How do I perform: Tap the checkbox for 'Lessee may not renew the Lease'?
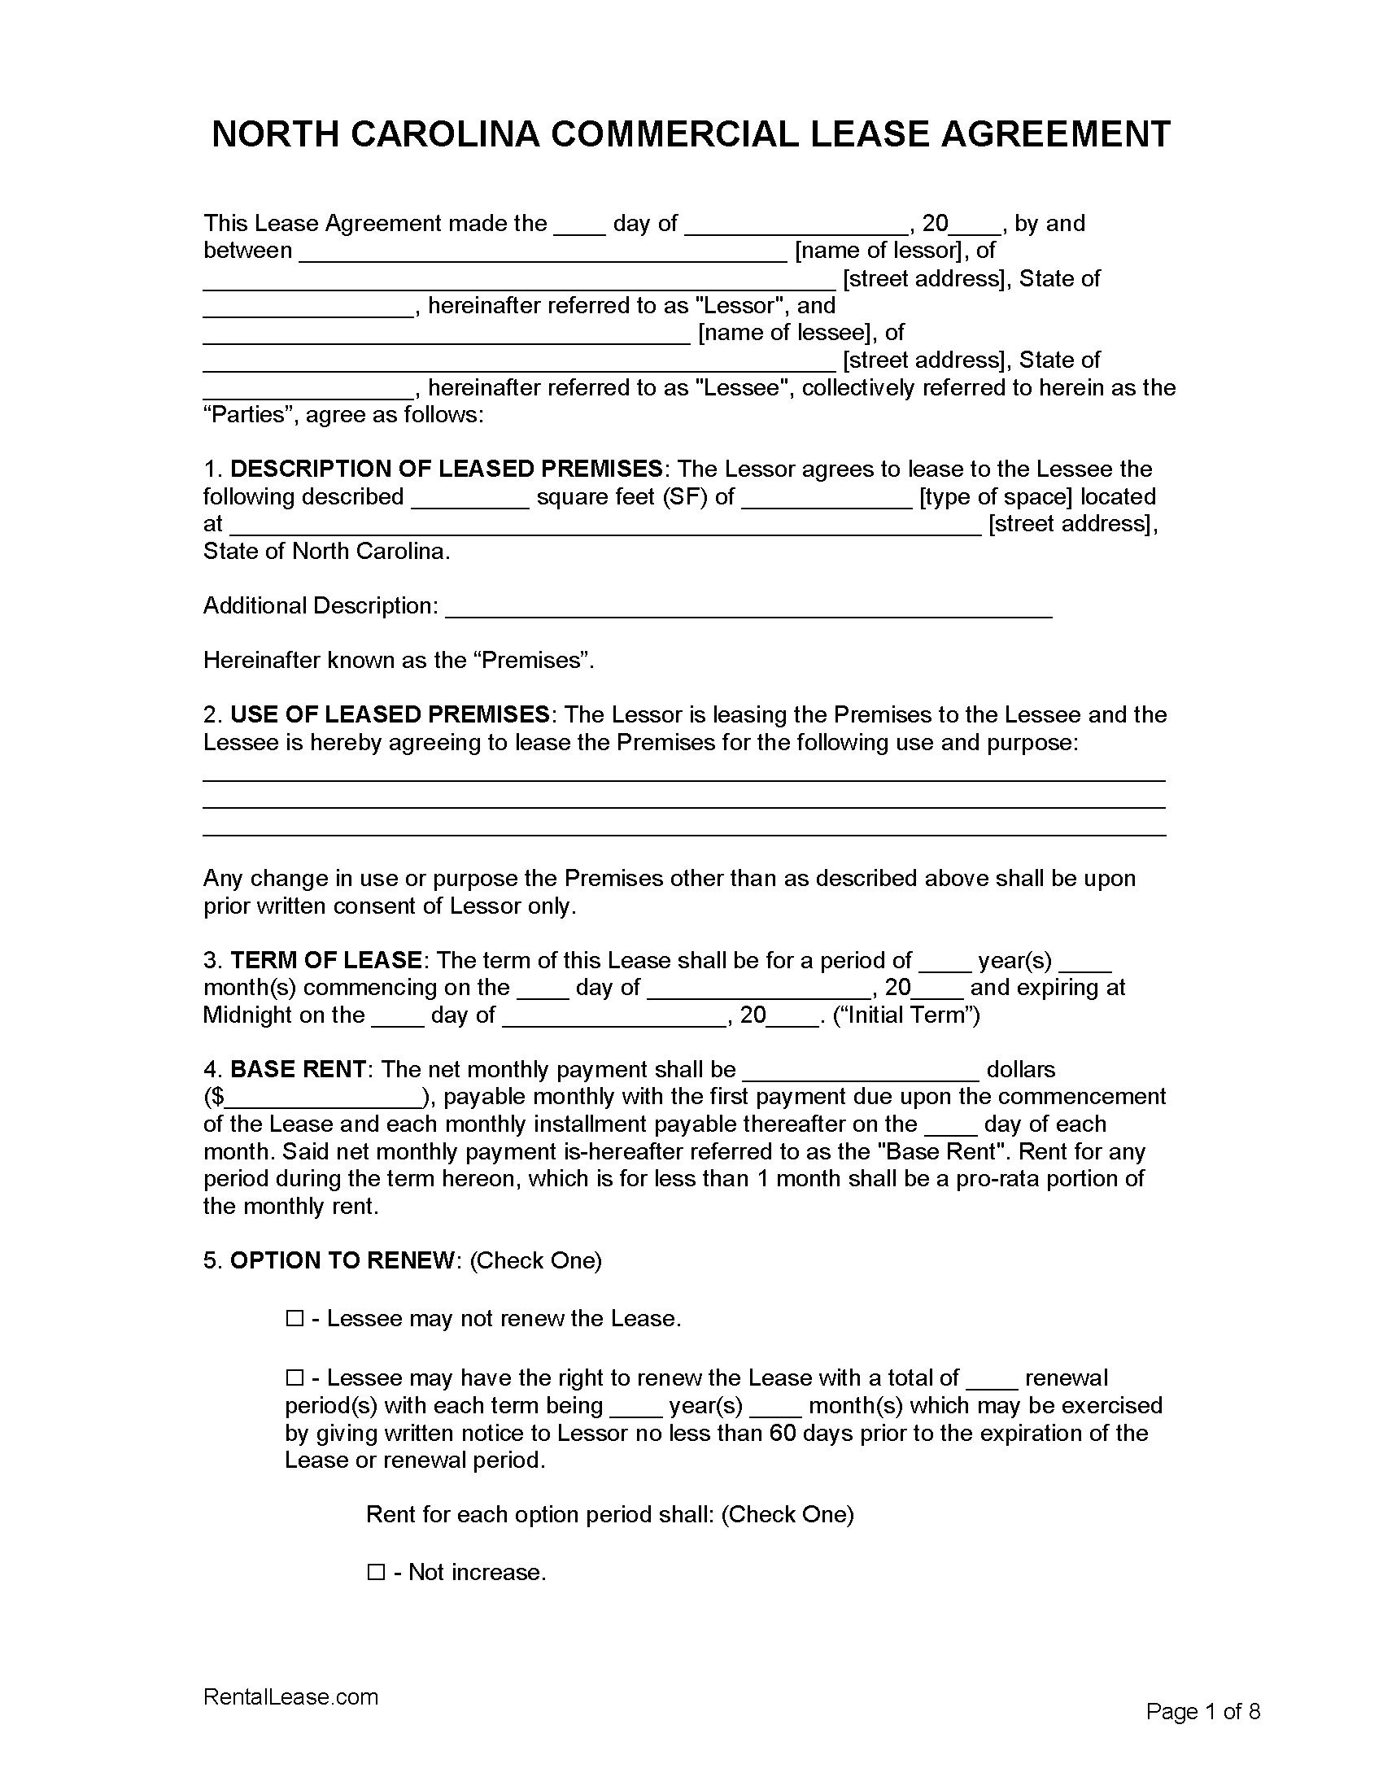tap(294, 1319)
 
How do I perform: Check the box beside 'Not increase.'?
tap(376, 1573)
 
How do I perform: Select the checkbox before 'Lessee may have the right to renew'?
tap(294, 1378)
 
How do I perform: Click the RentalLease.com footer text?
tap(291, 1696)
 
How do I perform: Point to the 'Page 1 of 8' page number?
tap(1202, 1711)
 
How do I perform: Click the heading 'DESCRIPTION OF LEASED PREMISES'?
tap(447, 469)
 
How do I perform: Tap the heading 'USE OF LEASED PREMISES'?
tap(390, 714)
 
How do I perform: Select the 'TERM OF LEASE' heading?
tap(326, 960)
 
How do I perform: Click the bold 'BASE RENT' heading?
tap(299, 1070)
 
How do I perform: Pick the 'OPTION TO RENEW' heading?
tap(342, 1260)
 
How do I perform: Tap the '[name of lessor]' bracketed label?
tap(882, 251)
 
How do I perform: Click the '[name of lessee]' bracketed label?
tap(787, 333)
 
